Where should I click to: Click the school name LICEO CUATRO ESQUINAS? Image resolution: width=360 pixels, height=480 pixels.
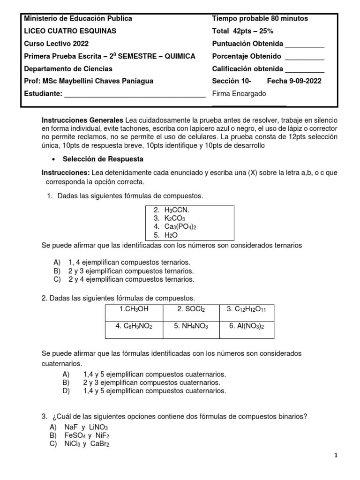pyautogui.click(x=70, y=31)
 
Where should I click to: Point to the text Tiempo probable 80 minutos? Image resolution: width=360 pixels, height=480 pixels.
pyautogui.click(x=260, y=19)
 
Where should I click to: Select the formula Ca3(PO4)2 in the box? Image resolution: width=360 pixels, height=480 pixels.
pyautogui.click(x=180, y=227)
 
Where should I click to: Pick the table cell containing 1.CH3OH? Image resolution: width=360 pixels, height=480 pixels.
pyautogui.click(x=134, y=309)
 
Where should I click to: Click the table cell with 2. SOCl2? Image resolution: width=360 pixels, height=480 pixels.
pyautogui.click(x=191, y=309)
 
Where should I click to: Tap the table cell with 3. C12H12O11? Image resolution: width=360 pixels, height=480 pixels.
pyautogui.click(x=247, y=309)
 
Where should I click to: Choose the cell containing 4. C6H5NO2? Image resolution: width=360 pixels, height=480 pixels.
pyautogui.click(x=134, y=326)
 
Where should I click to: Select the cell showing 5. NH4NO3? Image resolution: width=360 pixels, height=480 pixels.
pyautogui.click(x=191, y=326)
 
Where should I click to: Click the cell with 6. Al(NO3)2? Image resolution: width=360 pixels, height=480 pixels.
pyautogui.click(x=247, y=326)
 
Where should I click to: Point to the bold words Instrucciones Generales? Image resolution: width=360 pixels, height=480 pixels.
pyautogui.click(x=82, y=120)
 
